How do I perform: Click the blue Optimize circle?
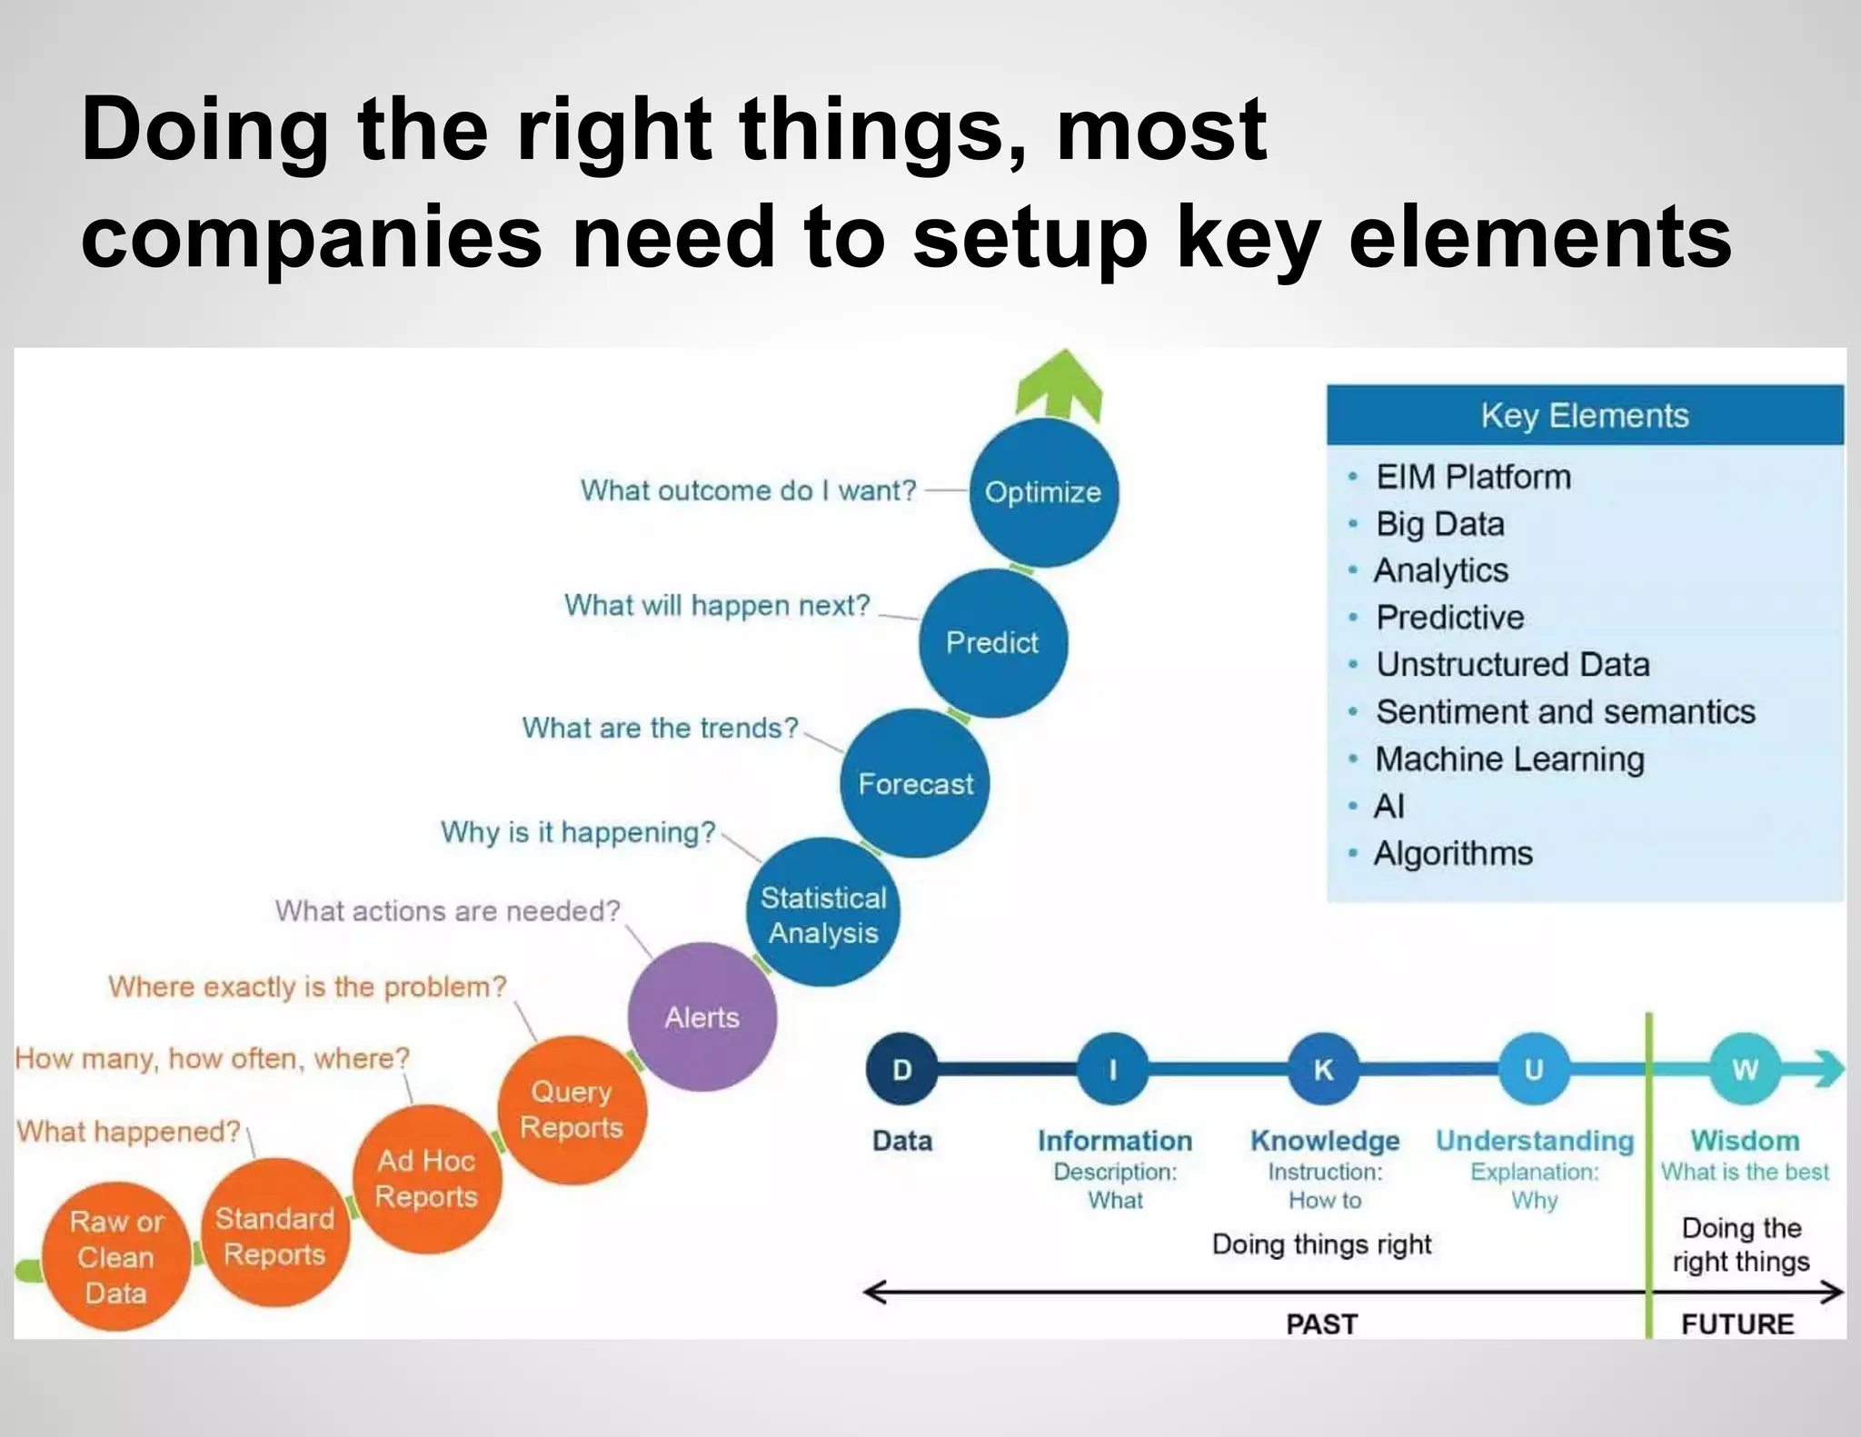(x=1043, y=492)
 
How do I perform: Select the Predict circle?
(x=992, y=643)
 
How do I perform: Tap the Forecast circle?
(x=915, y=783)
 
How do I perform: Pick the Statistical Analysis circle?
(x=823, y=914)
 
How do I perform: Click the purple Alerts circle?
(x=702, y=1017)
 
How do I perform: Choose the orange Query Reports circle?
(x=572, y=1109)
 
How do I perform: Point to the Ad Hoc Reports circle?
(x=426, y=1178)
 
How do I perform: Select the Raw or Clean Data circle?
(x=116, y=1257)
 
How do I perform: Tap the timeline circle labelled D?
(x=901, y=1069)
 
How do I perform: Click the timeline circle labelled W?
(x=1745, y=1069)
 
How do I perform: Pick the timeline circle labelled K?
(x=1323, y=1069)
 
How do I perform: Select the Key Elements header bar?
(x=1585, y=415)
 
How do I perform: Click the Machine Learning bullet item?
(x=1509, y=759)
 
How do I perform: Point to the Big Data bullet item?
(x=1440, y=524)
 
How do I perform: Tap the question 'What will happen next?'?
(x=717, y=605)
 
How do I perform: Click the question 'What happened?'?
(x=128, y=1132)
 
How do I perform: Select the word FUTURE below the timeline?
(x=1737, y=1324)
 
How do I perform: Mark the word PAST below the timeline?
(x=1321, y=1324)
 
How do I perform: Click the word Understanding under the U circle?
(x=1535, y=1141)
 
